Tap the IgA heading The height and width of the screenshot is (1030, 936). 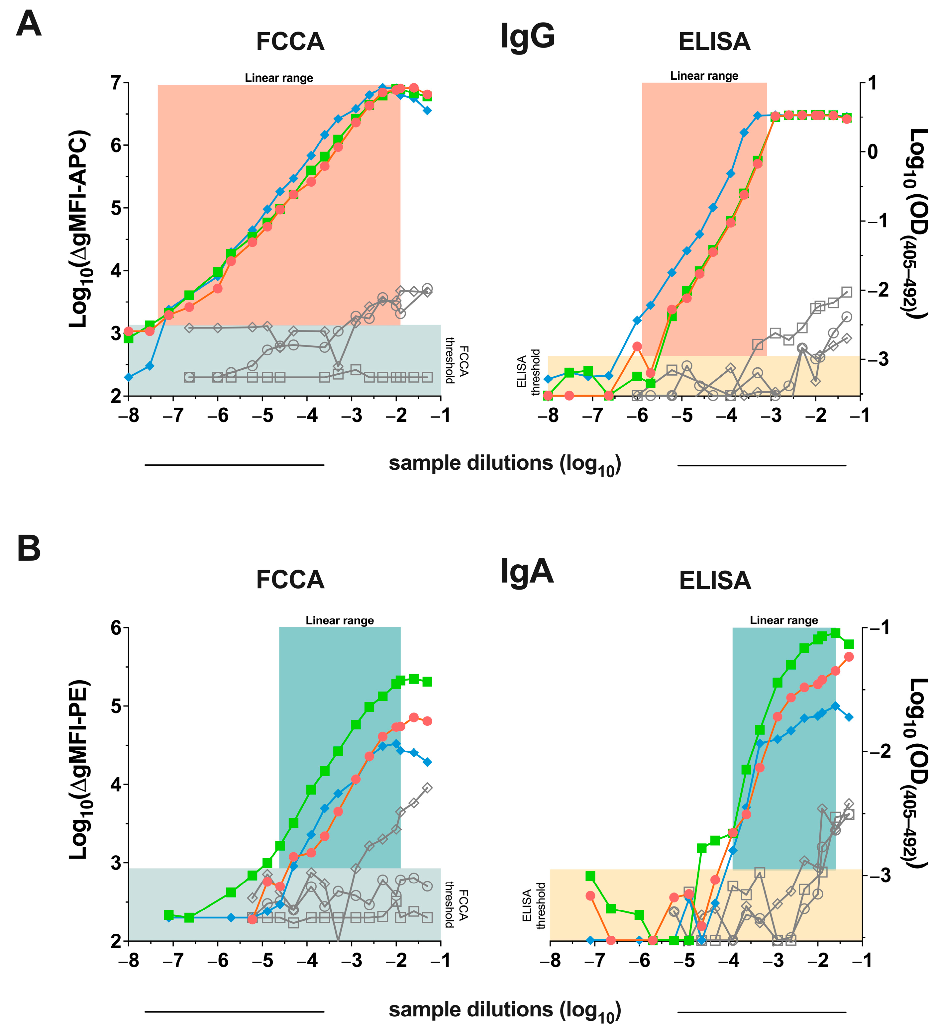pos(527,571)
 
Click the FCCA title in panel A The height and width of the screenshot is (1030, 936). pos(290,42)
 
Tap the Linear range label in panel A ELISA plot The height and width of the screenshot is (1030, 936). pos(704,76)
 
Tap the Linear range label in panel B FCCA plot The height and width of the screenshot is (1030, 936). pos(340,620)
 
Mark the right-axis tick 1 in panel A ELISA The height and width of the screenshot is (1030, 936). pos(872,83)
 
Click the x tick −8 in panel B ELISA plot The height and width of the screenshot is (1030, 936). pos(550,961)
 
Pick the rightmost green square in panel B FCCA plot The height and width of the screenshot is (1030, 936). pos(427,682)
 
